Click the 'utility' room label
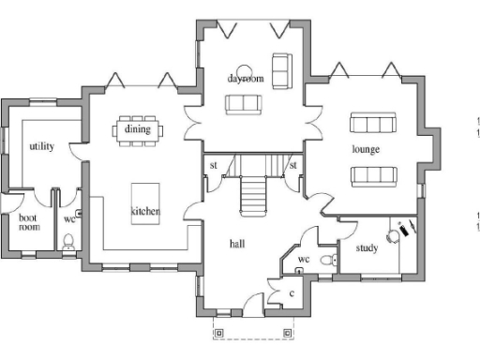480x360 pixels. [x=41, y=146]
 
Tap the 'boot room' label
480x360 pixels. [x=29, y=222]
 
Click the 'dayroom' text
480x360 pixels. [x=247, y=79]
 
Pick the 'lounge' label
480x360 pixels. [x=365, y=149]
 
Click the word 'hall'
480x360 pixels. [x=237, y=243]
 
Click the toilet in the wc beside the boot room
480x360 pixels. [x=67, y=242]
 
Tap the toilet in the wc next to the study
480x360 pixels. [x=325, y=259]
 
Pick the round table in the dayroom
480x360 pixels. [x=244, y=69]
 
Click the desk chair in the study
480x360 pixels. [x=393, y=238]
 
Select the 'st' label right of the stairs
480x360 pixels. [x=292, y=166]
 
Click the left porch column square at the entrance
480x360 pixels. [x=218, y=332]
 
